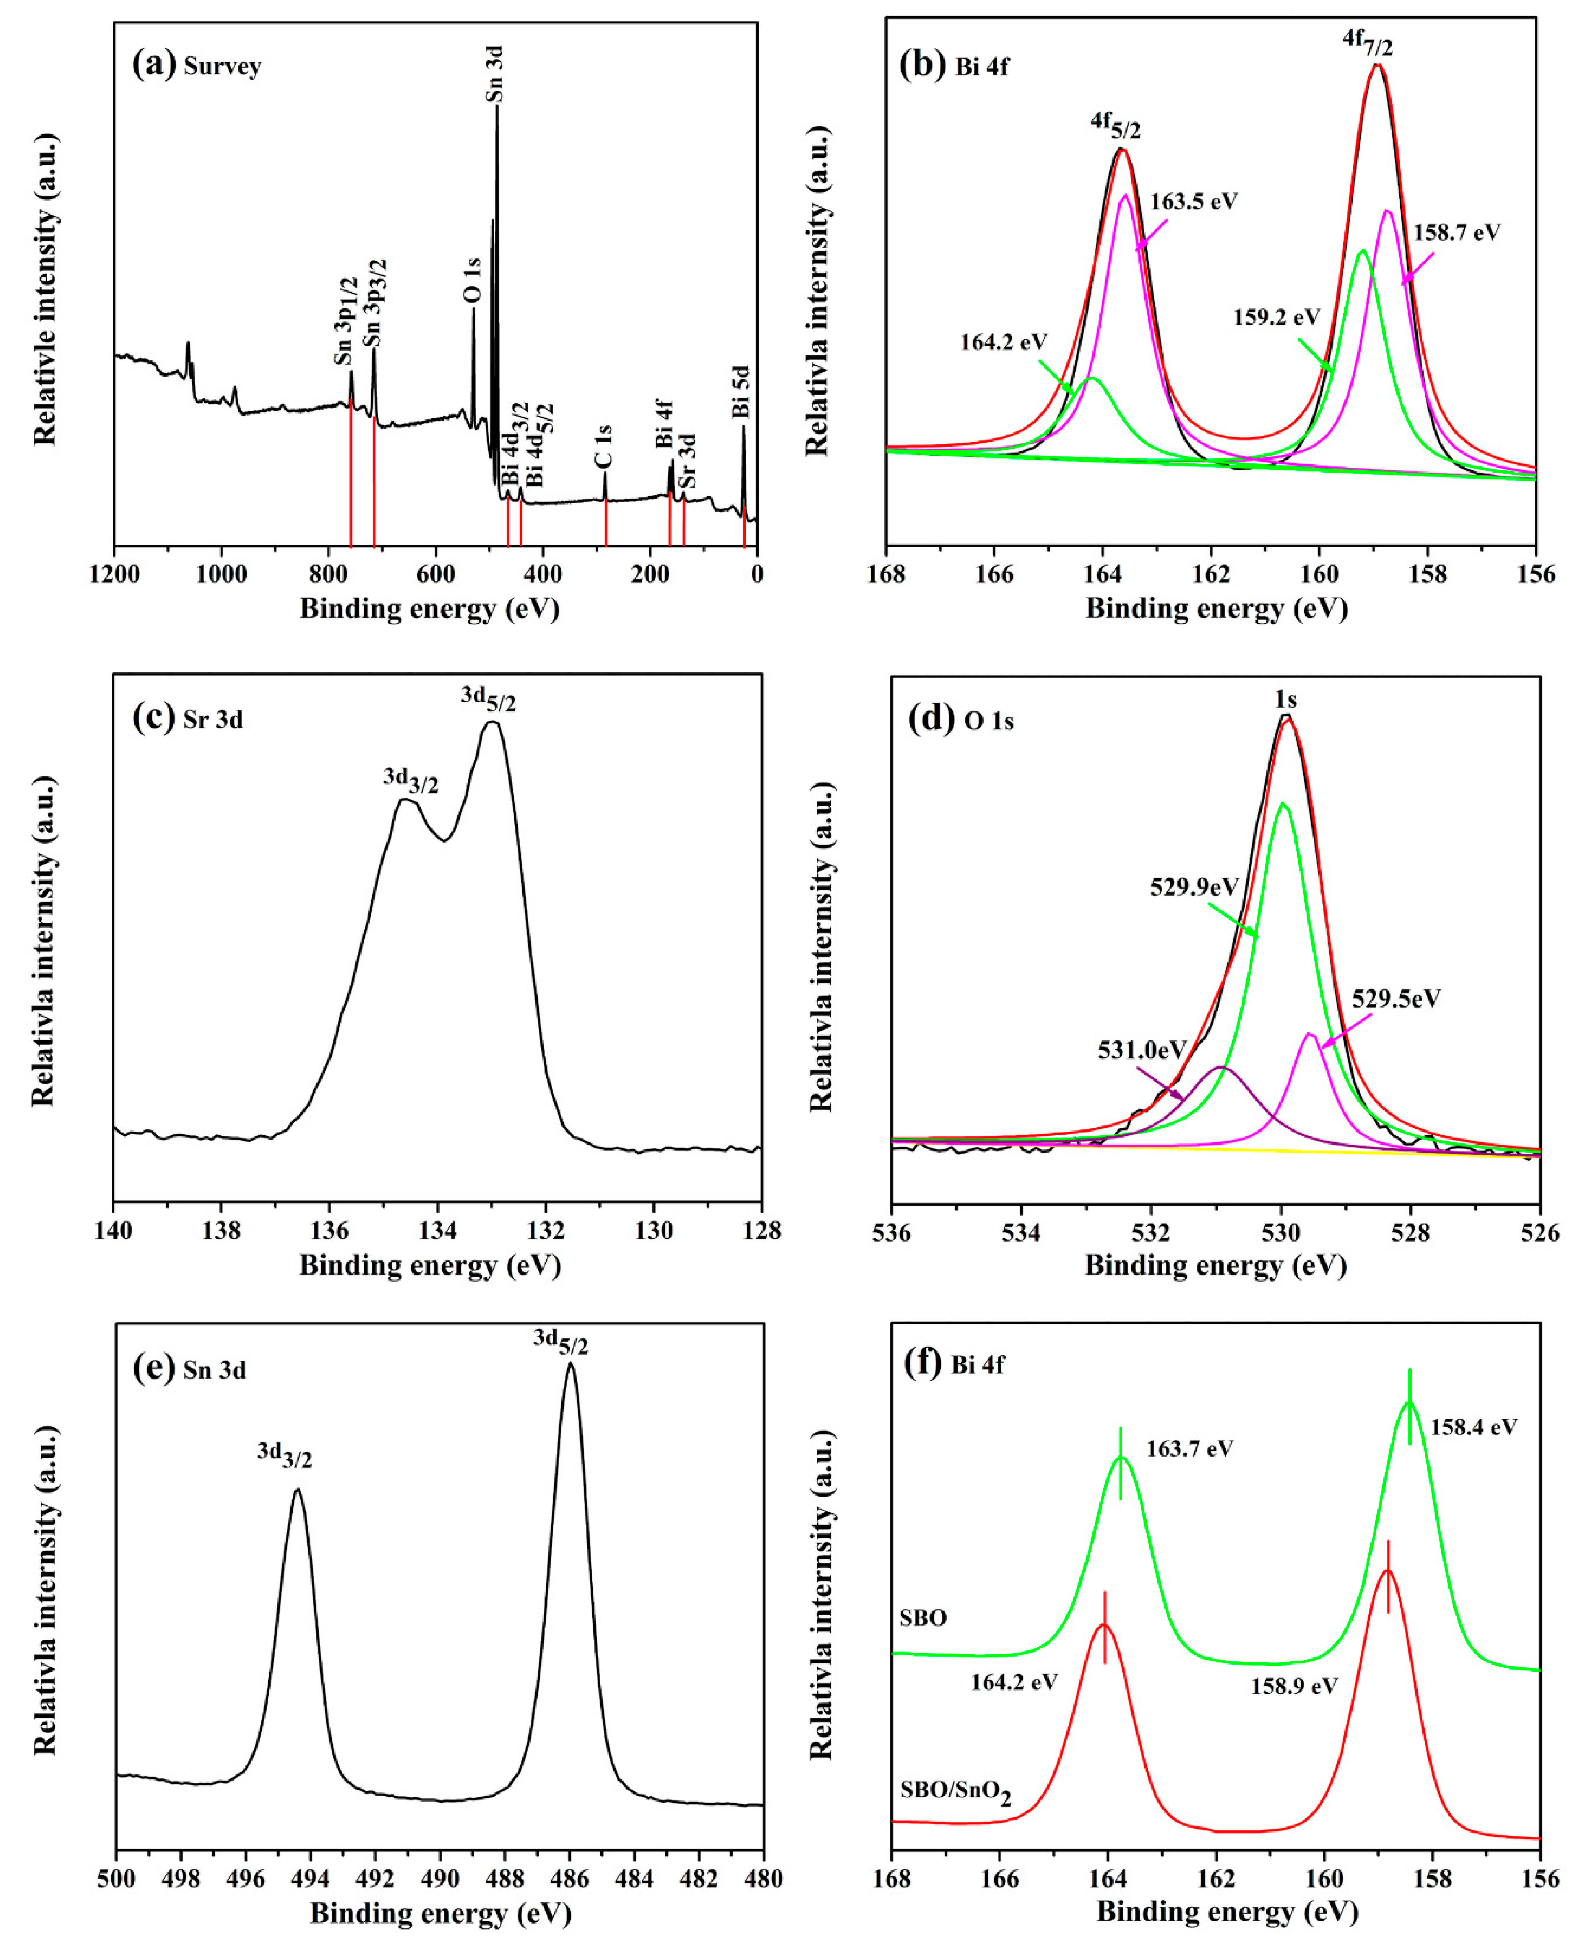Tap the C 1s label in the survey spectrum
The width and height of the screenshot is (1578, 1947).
603,446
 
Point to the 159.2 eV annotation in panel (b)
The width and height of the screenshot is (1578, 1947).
1276,317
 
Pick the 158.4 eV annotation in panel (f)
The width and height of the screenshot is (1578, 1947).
1474,1427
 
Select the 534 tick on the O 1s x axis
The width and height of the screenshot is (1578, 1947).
1021,1233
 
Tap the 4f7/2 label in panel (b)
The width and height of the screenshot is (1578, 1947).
1367,41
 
